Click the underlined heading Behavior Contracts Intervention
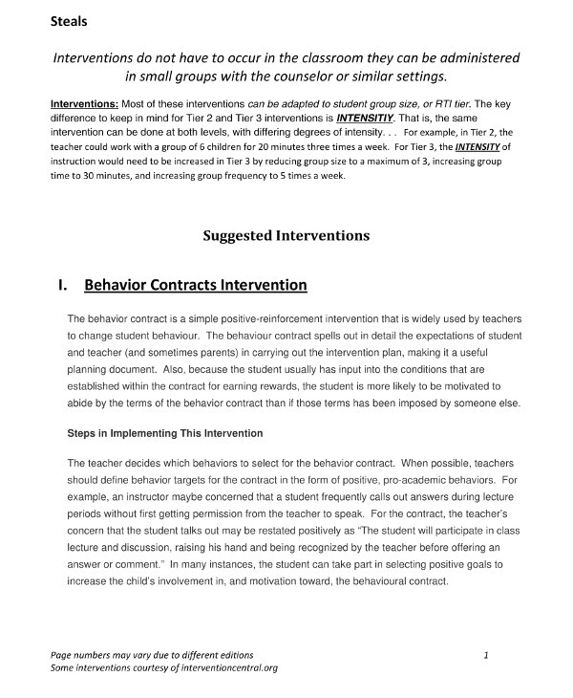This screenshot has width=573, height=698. [x=195, y=285]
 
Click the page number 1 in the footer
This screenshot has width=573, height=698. [x=486, y=655]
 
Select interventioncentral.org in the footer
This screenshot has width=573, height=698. [x=224, y=667]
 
